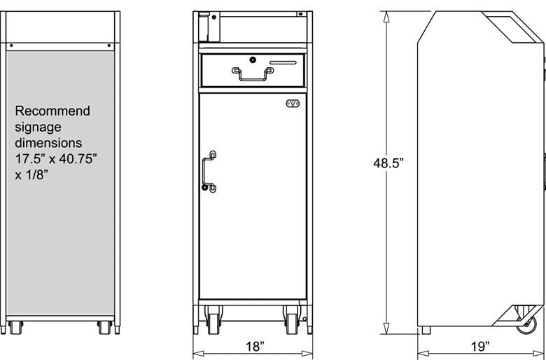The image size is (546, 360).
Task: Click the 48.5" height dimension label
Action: click(x=388, y=164)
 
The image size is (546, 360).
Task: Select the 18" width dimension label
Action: click(x=255, y=346)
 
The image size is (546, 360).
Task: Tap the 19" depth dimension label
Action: click(x=479, y=346)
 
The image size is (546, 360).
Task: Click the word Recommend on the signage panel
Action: click(x=52, y=111)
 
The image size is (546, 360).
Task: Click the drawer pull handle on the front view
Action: click(x=253, y=74)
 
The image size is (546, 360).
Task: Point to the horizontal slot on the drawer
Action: click(x=286, y=62)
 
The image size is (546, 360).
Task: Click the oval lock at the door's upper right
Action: click(x=293, y=104)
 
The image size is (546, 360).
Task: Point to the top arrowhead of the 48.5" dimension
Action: click(x=386, y=15)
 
